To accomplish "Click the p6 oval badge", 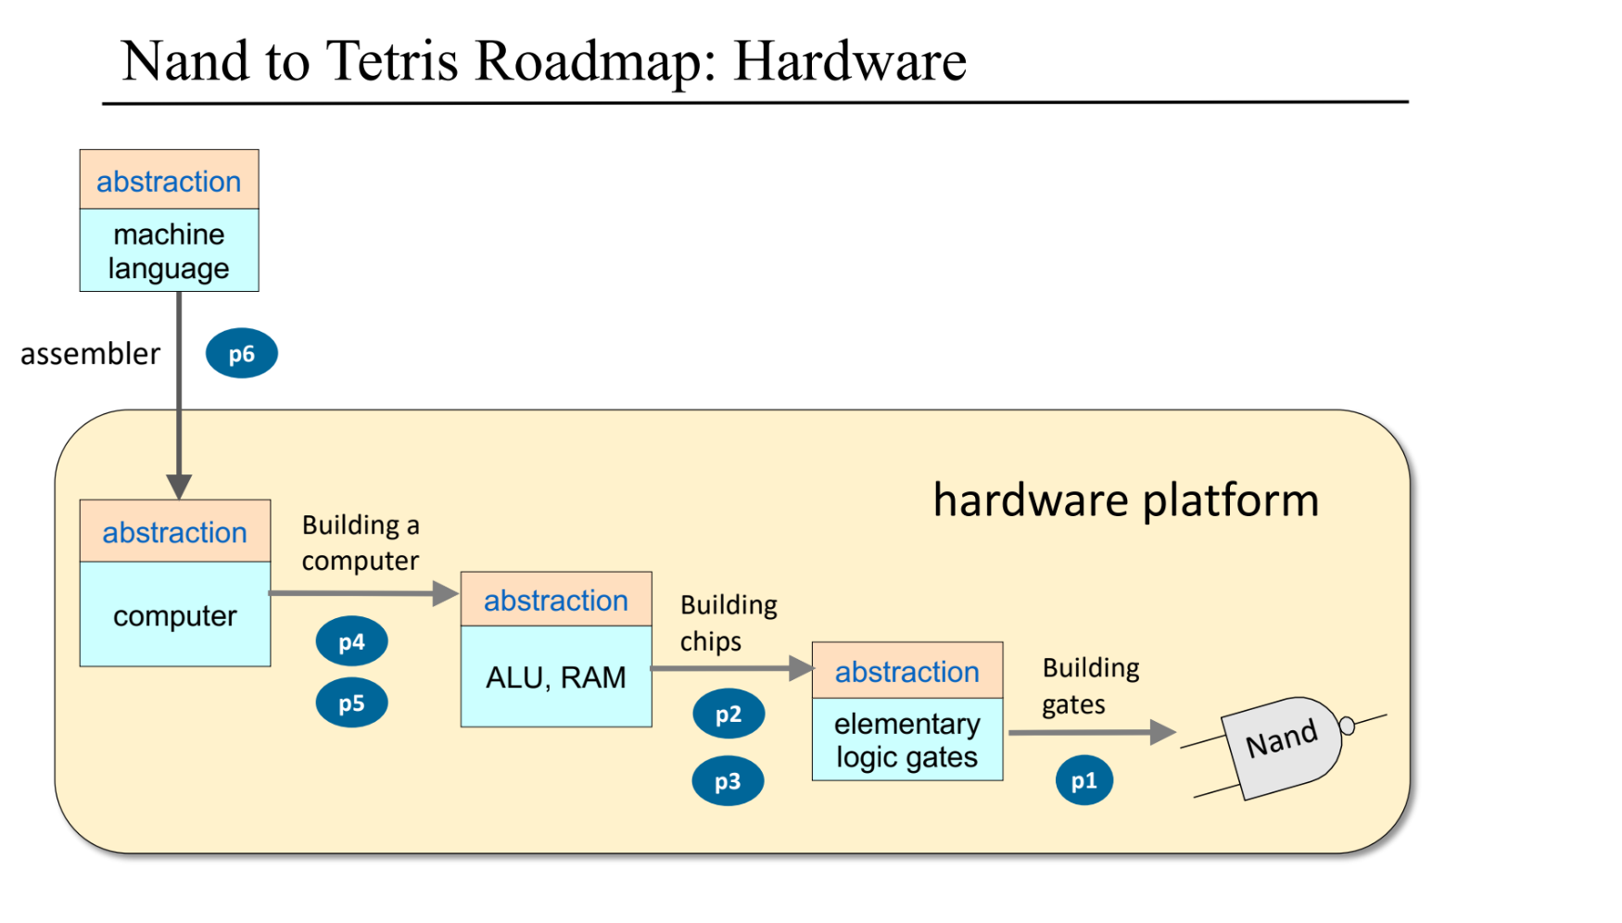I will click(241, 353).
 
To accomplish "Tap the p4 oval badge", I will click(351, 641).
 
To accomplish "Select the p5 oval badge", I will click(351, 702).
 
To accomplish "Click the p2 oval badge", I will click(729, 714).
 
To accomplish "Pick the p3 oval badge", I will click(728, 781).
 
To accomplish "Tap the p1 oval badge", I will click(1083, 780).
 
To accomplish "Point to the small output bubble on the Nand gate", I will click(1348, 726).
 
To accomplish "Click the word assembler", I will click(90, 354).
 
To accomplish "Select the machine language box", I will click(169, 250).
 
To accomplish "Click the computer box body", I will click(174, 615).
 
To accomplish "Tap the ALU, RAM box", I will click(556, 677).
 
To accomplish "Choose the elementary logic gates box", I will click(906, 740).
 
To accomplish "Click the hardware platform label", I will click(1125, 500).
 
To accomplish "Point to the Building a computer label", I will click(361, 542).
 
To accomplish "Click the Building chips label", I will click(728, 622).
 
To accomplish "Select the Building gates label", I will click(1090, 685).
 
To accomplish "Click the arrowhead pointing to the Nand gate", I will click(1162, 732).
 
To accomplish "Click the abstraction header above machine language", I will click(169, 181).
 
